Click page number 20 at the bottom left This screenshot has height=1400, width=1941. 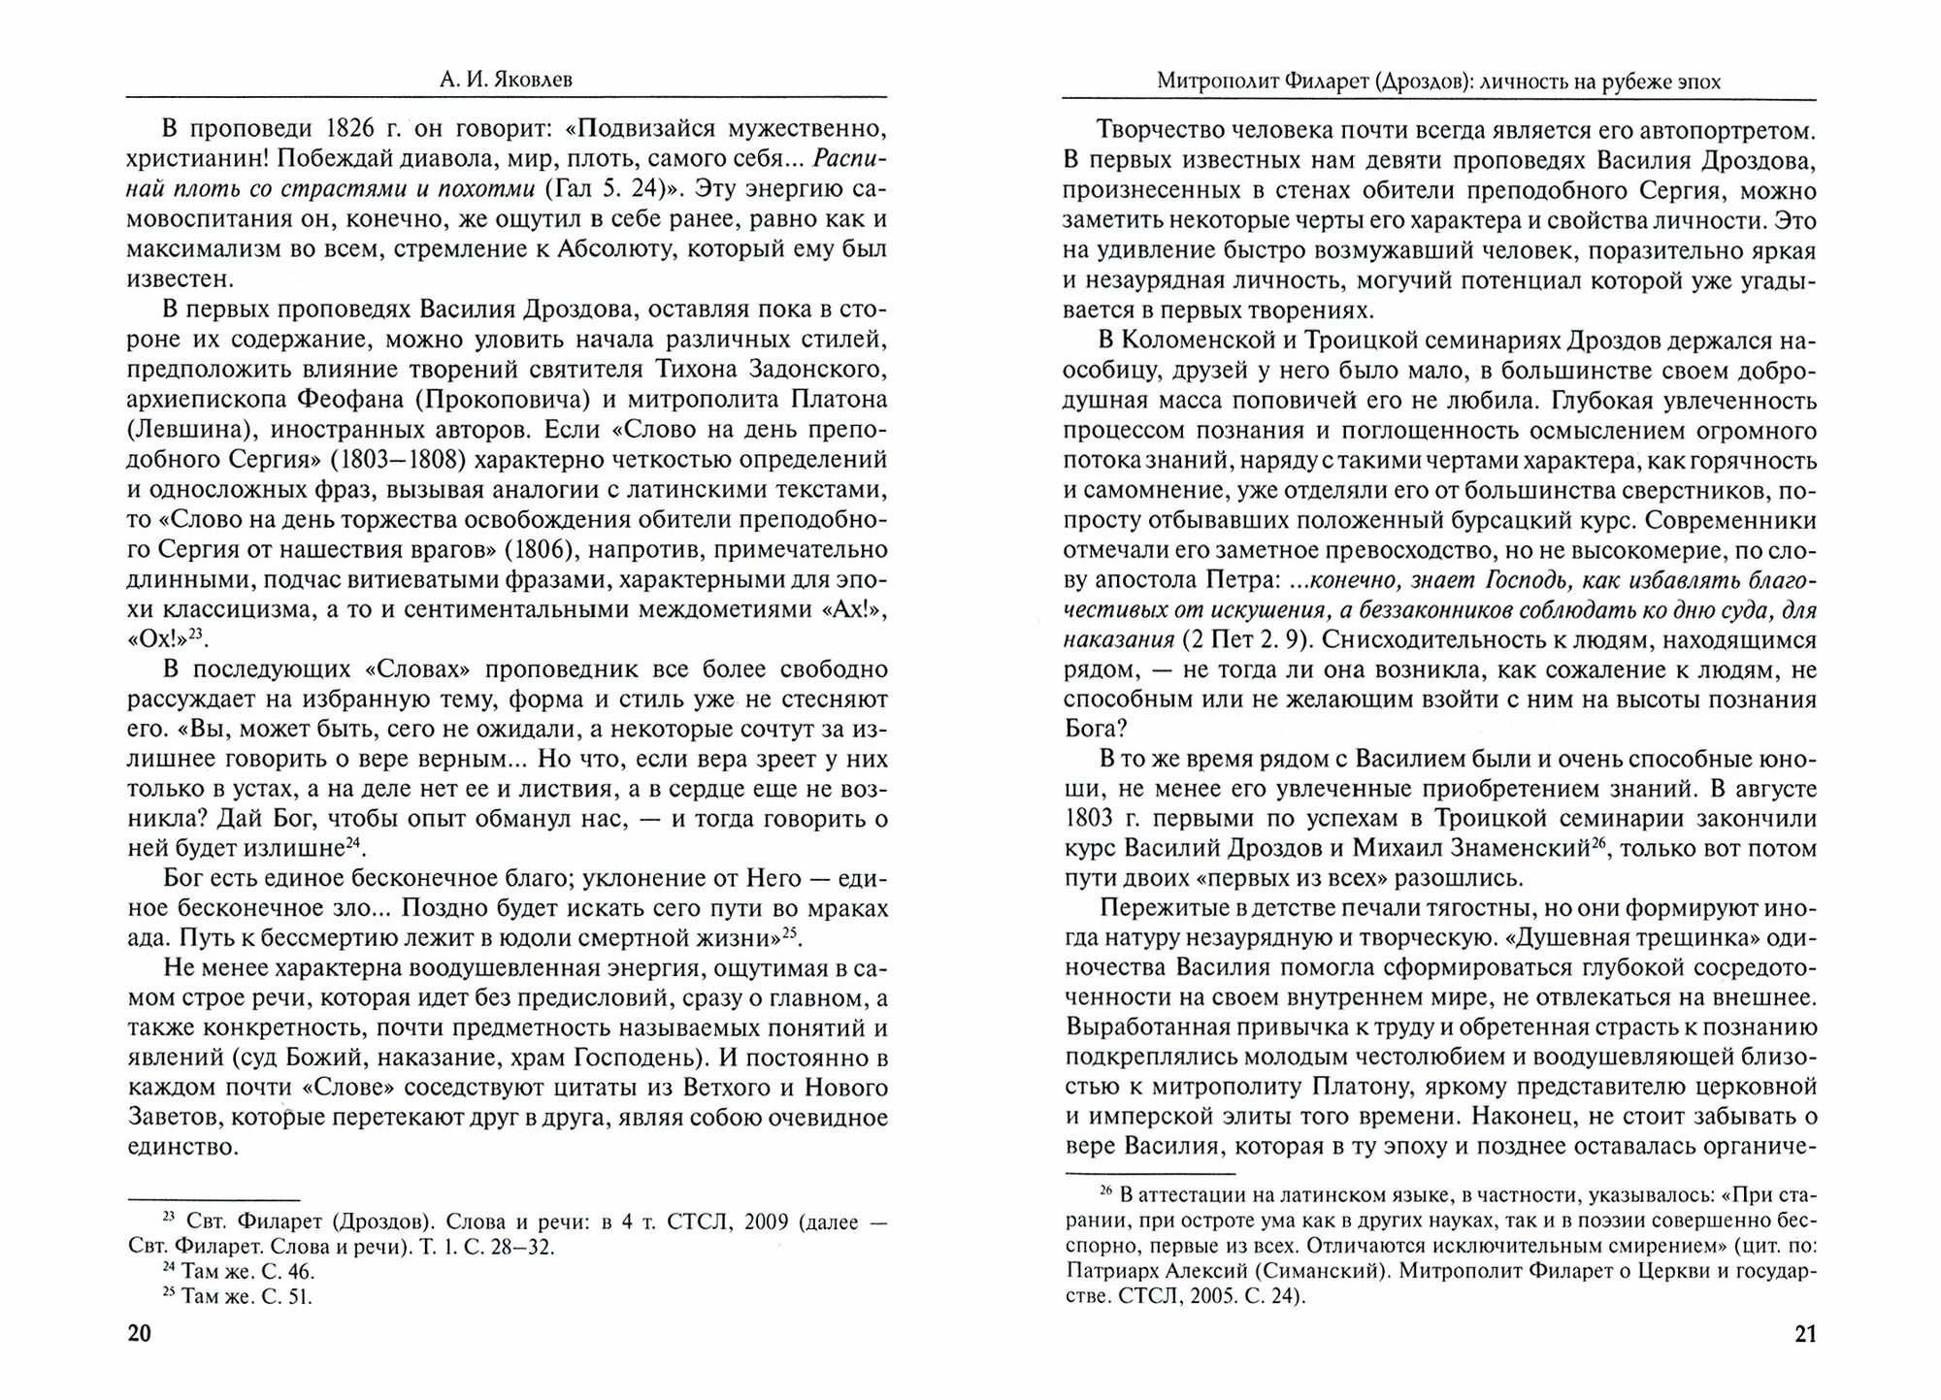click(140, 1334)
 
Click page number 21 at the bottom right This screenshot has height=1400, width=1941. click(1804, 1334)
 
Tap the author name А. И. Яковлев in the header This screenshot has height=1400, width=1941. click(506, 81)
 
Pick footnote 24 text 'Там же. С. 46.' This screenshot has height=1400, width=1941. click(238, 1271)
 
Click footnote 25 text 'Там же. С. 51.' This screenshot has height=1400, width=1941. click(238, 1296)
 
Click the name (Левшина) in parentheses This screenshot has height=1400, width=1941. click(189, 430)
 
